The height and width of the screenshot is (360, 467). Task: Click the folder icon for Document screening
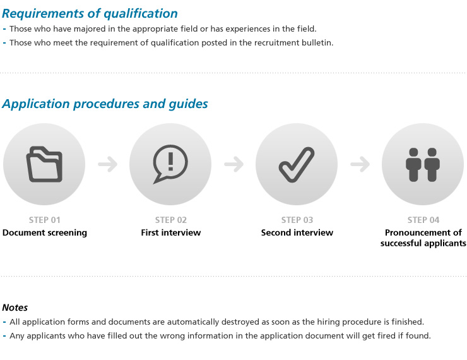(44, 164)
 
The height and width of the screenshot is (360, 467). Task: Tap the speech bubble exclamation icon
(170, 164)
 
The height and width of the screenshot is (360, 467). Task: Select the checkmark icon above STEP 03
(297, 164)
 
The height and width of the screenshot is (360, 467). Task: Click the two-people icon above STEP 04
(423, 164)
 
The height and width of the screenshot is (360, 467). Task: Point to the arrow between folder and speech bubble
(108, 164)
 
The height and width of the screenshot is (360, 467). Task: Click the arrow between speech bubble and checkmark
(233, 164)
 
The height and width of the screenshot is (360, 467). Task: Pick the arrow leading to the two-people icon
(360, 164)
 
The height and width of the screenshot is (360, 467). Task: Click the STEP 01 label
(45, 220)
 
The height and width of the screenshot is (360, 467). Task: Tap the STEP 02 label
(171, 220)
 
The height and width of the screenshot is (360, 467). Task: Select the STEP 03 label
(297, 220)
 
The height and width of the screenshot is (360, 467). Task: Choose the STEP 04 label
(423, 220)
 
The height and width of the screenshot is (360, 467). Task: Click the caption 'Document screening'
(45, 233)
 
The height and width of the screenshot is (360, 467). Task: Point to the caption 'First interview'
(171, 232)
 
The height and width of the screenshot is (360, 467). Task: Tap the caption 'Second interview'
(297, 232)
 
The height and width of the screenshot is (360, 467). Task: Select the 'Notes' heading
(15, 308)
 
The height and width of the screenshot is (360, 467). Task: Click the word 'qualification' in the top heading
(141, 14)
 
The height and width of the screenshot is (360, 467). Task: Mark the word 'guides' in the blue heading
(188, 104)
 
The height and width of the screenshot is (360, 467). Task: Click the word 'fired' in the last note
(386, 336)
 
